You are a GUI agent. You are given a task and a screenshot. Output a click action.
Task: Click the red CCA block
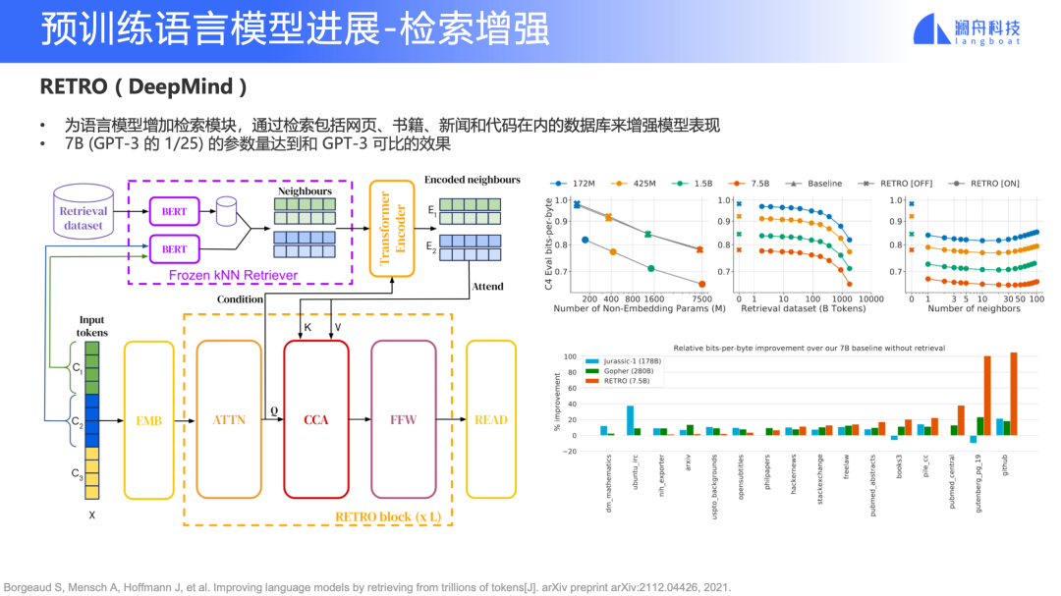pyautogui.click(x=316, y=419)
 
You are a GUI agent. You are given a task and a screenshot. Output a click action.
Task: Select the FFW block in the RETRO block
pyautogui.click(x=403, y=419)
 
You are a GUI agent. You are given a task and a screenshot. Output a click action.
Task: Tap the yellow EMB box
pyautogui.click(x=149, y=419)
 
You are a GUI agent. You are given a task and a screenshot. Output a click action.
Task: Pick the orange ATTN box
pyautogui.click(x=228, y=419)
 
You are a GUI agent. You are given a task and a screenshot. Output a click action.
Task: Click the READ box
pyautogui.click(x=490, y=419)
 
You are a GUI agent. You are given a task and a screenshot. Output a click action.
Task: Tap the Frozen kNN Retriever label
pyautogui.click(x=233, y=275)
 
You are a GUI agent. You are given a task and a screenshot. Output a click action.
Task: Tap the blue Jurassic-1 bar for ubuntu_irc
pyautogui.click(x=630, y=420)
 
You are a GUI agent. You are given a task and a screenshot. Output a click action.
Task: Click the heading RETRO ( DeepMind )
pyautogui.click(x=137, y=86)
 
